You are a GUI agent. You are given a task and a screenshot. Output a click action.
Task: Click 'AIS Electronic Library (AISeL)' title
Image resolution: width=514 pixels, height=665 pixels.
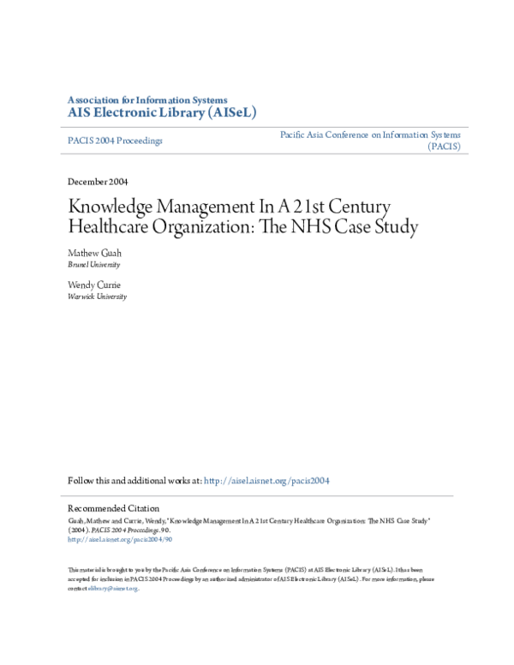(x=162, y=112)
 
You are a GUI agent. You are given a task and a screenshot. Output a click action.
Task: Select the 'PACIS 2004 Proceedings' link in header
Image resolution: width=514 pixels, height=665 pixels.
(x=114, y=141)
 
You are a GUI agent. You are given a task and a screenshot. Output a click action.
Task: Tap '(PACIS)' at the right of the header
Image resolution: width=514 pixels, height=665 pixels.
(x=444, y=147)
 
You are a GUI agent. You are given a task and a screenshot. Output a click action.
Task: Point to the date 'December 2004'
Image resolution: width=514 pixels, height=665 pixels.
(x=98, y=182)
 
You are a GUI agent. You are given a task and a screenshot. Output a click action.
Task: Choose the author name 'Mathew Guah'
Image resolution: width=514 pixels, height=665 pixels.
(x=95, y=254)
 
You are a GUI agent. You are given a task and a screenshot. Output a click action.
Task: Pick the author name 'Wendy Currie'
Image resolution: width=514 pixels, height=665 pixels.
(x=95, y=284)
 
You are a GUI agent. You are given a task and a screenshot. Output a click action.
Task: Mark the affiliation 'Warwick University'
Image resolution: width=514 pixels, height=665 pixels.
(x=98, y=297)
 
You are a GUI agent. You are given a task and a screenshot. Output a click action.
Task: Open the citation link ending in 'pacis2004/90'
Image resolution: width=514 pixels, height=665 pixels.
(x=120, y=540)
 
